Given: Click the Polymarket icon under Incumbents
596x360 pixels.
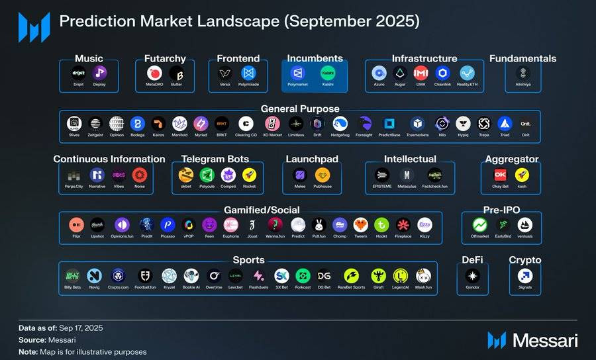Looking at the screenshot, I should pyautogui.click(x=297, y=73).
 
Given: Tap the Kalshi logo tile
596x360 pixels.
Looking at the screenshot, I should pyautogui.click(x=327, y=73).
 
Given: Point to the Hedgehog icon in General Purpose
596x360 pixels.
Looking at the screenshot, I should pyautogui.click(x=340, y=123).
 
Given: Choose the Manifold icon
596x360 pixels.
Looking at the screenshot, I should pyautogui.click(x=179, y=123).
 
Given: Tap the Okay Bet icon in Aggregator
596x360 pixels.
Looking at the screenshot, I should pyautogui.click(x=501, y=175).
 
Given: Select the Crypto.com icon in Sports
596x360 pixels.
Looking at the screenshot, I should pyautogui.click(x=119, y=276).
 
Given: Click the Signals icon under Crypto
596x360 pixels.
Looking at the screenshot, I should pyautogui.click(x=525, y=276).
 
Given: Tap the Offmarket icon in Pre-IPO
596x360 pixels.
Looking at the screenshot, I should pyautogui.click(x=480, y=225).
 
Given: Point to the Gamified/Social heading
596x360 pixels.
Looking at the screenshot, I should pyautogui.click(x=252, y=210).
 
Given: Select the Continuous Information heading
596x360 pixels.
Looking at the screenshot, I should pyautogui.click(x=109, y=159).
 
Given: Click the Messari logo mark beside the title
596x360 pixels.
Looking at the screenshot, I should pyautogui.click(x=34, y=26).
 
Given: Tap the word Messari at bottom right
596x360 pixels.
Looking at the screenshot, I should pyautogui.click(x=546, y=341).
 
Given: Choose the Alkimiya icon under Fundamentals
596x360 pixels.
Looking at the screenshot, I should pyautogui.click(x=523, y=73).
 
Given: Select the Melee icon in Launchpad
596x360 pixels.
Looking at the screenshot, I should pyautogui.click(x=300, y=175).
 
